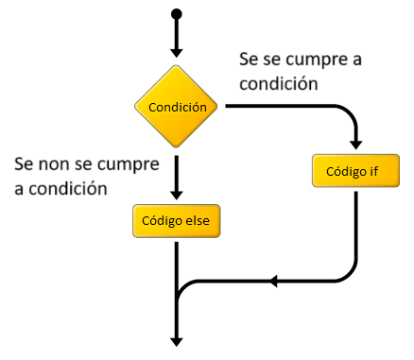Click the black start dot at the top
(x=177, y=14)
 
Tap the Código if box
(x=354, y=172)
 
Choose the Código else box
(x=177, y=221)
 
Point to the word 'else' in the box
(x=198, y=221)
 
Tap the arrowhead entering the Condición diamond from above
(x=177, y=55)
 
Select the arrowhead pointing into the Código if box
(x=354, y=146)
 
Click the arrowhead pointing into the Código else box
(x=177, y=196)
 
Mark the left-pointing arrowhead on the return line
(x=273, y=281)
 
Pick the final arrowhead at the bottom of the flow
(x=177, y=341)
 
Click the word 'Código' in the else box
(x=160, y=221)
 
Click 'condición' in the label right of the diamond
(x=277, y=83)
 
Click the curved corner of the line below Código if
(x=348, y=274)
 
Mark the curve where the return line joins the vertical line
(x=183, y=288)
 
